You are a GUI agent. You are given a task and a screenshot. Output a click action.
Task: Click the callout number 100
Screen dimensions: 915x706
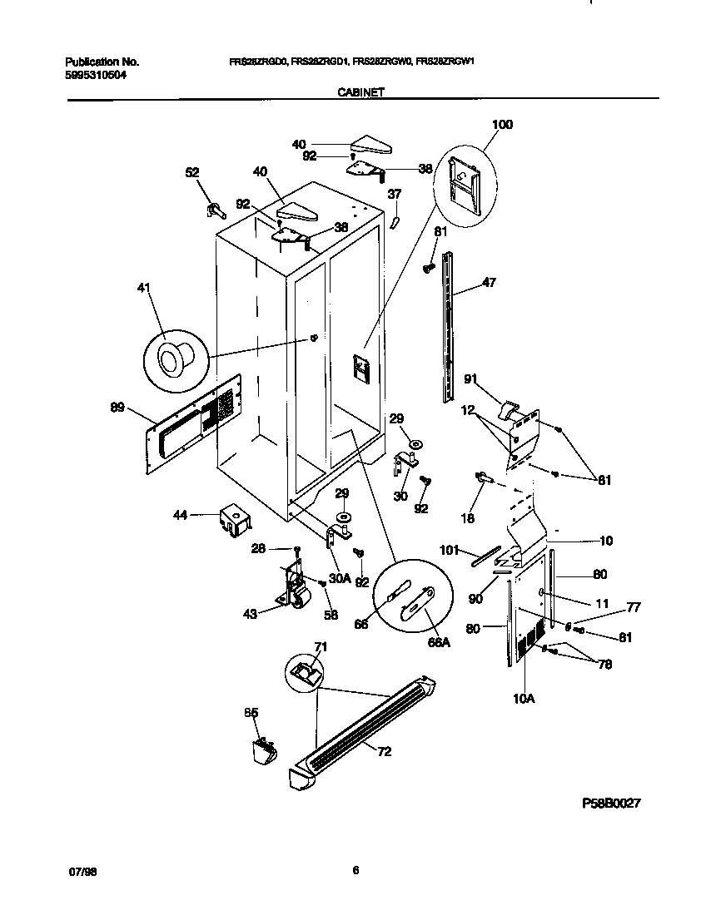point(502,125)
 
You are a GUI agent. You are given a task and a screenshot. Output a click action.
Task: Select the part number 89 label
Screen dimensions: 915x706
point(117,407)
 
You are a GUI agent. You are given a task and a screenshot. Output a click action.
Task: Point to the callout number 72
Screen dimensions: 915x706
point(384,752)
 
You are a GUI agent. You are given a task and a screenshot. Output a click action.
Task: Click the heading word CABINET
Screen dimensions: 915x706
point(360,94)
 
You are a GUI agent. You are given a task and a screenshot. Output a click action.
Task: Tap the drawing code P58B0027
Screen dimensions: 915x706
point(611,804)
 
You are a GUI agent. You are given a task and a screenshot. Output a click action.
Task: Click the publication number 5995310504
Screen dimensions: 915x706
point(97,75)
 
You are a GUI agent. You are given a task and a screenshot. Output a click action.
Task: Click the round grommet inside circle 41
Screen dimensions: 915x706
point(173,359)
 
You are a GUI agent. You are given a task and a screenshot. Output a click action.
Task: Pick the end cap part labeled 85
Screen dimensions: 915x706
point(263,750)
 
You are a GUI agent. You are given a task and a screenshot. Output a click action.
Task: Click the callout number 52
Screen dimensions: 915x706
point(192,172)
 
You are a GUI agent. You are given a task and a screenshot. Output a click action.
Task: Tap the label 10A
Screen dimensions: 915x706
point(524,698)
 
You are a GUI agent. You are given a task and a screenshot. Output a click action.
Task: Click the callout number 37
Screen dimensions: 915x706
point(395,194)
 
